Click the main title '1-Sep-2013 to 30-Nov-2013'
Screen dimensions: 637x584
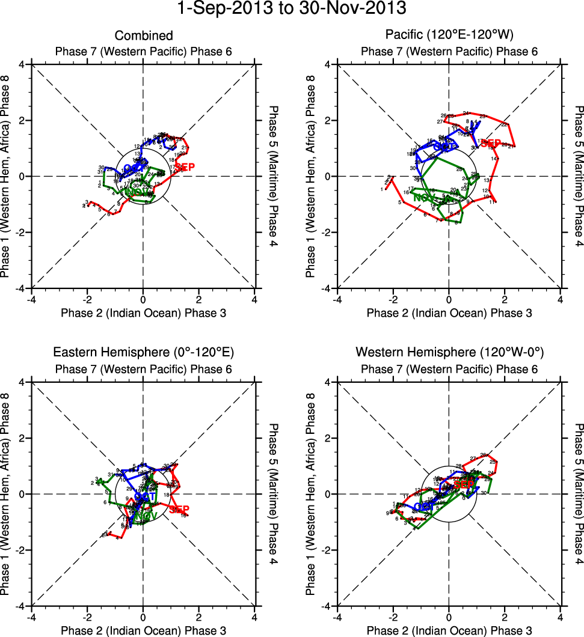pos(292,9)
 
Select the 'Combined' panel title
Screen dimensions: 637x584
pos(144,36)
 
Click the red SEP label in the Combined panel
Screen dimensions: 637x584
pos(185,167)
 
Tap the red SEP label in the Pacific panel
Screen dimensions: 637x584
pos(491,143)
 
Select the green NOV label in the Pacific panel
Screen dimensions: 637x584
pos(424,198)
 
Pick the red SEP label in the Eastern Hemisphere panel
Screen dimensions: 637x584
pos(179,510)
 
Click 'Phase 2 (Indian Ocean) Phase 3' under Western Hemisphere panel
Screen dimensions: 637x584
pos(449,630)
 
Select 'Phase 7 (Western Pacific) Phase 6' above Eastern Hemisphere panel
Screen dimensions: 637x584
pos(144,368)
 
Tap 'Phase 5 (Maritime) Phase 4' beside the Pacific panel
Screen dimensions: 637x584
pos(579,176)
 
